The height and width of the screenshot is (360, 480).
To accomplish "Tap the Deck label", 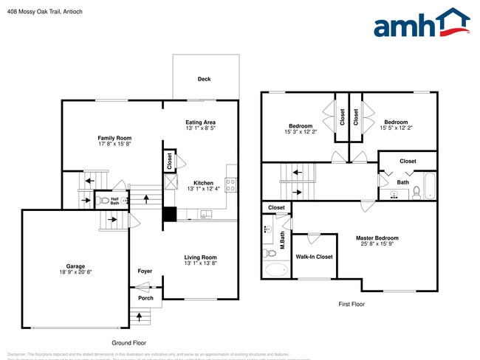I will click(x=204, y=79).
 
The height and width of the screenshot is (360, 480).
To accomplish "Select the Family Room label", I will click(x=114, y=138).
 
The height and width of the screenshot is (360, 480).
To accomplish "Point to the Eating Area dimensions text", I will click(x=201, y=128).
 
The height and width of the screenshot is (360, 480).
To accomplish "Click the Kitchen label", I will click(x=203, y=183).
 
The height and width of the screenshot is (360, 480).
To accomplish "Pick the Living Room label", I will click(x=201, y=257).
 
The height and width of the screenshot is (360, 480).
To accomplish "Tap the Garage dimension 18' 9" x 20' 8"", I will click(x=75, y=273).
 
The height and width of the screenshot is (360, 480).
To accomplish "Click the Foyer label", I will click(x=145, y=271).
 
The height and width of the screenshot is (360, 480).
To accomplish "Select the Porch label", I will click(x=145, y=298).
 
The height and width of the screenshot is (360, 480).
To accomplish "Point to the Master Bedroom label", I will click(x=377, y=238).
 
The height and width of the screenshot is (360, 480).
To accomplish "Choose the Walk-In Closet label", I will click(x=315, y=257).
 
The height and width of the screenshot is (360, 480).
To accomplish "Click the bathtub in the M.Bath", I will click(x=277, y=269).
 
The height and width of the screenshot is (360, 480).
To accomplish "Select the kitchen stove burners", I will click(x=230, y=184).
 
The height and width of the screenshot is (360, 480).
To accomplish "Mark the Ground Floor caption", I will click(x=129, y=343).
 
